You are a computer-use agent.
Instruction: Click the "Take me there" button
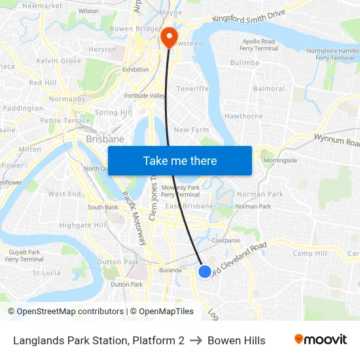180,160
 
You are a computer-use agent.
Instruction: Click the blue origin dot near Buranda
204,271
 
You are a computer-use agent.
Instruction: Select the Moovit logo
320,340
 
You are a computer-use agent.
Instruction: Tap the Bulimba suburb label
245,63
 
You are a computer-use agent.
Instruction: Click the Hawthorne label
243,116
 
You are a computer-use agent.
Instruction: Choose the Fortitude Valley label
145,96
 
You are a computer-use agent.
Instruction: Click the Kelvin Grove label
59,61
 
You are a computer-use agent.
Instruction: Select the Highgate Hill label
82,225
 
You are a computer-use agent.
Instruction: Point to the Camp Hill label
310,253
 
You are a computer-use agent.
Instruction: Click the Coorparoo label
225,240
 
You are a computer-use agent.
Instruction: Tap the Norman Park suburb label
260,194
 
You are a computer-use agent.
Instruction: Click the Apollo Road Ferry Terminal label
258,45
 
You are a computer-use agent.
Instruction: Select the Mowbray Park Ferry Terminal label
180,190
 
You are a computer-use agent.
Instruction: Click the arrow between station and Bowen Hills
196,340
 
